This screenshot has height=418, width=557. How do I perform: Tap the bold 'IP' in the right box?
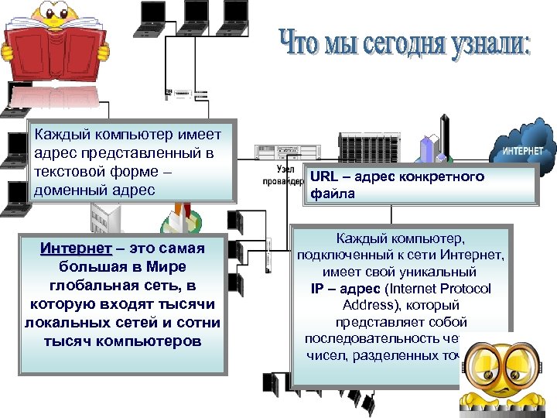318,289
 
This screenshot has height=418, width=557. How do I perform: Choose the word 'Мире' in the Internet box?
170,267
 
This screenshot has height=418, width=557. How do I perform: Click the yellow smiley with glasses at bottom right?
507,375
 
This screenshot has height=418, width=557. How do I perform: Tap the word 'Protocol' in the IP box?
469,289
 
